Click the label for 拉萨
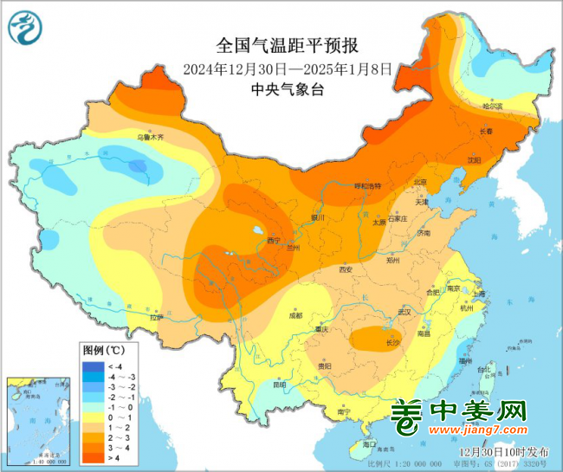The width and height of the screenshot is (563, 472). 154,318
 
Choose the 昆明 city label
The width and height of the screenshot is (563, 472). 279,384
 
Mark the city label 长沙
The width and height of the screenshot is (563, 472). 392,344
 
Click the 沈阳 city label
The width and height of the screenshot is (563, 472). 473,160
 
